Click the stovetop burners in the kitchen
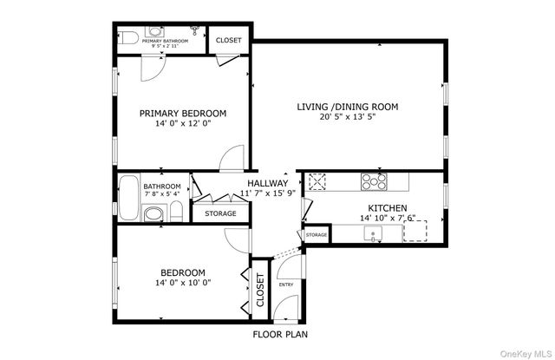374,181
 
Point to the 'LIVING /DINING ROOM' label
347,107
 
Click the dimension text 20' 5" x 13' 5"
347,118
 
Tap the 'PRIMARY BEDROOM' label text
183,114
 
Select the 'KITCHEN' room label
386,207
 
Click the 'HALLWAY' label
267,183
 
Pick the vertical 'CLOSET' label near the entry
258,291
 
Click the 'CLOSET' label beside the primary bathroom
229,40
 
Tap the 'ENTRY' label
285,285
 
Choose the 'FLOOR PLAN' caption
279,333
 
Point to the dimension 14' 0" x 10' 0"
183,283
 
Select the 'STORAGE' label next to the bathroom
220,213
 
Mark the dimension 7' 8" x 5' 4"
162,194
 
